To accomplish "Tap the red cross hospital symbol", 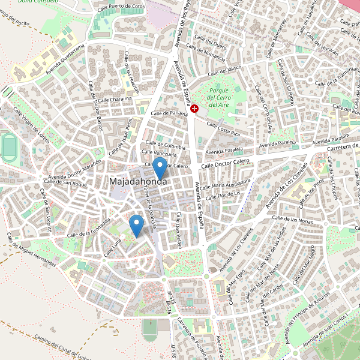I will click(x=195, y=108).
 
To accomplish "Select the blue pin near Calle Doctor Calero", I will click(x=160, y=167).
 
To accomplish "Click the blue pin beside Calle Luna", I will click(x=137, y=225).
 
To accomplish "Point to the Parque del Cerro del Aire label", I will click(x=219, y=97).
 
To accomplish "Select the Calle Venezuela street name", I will click(x=160, y=154).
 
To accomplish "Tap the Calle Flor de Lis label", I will click(x=223, y=194).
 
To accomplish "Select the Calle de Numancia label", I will click(x=205, y=55).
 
